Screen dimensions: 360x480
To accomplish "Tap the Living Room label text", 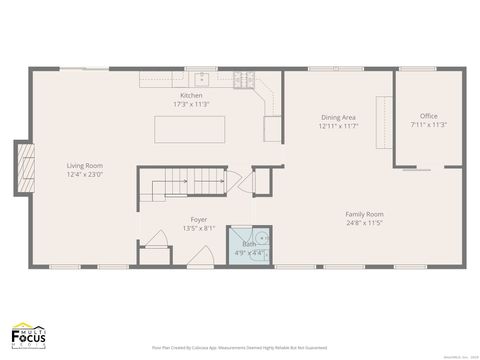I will [84, 166].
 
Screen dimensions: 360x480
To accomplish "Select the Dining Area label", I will [338, 117].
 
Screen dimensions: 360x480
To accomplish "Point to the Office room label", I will [428, 116].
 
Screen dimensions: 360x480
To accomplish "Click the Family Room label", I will [364, 214].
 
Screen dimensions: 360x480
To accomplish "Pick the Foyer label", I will [198, 219].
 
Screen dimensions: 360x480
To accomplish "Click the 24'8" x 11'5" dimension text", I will [364, 222].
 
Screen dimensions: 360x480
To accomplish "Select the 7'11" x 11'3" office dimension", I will [428, 125].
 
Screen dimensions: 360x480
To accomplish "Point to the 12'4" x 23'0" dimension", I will [84, 174].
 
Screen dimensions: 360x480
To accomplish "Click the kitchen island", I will [189, 130].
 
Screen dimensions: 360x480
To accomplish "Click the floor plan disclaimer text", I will [239, 347].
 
